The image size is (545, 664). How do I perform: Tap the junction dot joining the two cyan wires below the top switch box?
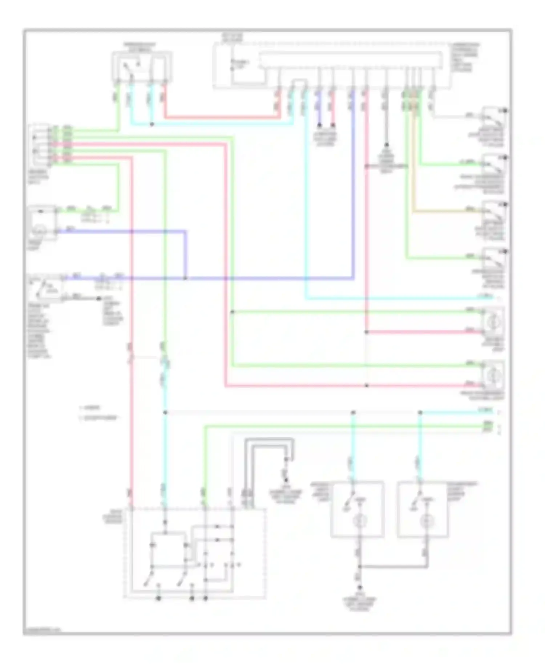(152, 125)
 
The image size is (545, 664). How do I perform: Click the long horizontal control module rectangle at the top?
(351, 60)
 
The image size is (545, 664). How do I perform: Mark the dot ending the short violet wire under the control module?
(319, 125)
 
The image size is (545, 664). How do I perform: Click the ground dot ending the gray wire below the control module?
(386, 145)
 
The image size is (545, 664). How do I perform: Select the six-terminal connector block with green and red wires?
(40, 145)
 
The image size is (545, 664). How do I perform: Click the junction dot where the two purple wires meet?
(185, 279)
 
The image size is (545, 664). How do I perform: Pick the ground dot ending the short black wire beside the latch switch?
(99, 299)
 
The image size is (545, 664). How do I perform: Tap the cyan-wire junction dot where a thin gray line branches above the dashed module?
(165, 413)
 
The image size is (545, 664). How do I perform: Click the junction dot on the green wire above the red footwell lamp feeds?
(232, 312)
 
